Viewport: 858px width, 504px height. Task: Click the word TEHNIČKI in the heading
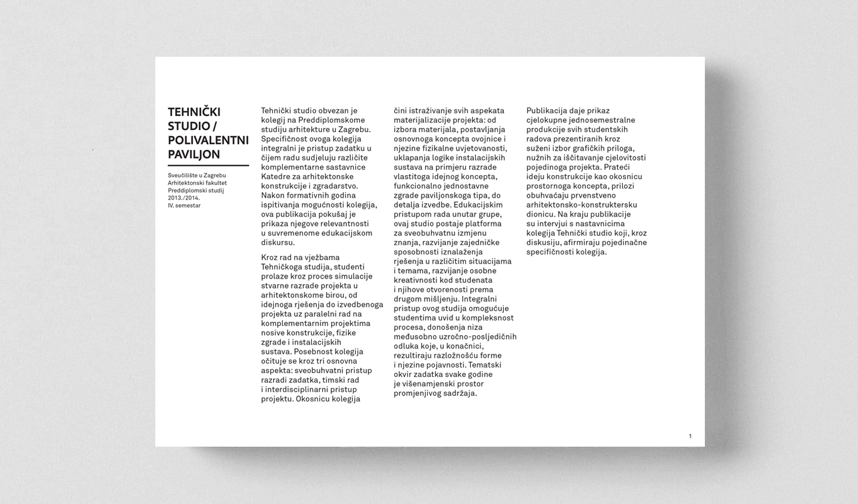pos(194,112)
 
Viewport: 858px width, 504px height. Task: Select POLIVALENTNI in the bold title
pos(208,140)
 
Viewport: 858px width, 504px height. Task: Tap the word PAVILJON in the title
pos(194,155)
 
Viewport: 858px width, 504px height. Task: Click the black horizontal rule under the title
pos(208,165)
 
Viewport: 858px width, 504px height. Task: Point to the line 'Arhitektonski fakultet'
pos(197,183)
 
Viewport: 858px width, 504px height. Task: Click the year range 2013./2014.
pos(184,198)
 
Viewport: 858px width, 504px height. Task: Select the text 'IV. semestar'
pos(184,205)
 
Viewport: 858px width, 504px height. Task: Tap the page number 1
pos(690,436)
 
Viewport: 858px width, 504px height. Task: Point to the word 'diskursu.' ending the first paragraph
pos(278,242)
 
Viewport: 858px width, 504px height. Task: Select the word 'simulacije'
pos(353,277)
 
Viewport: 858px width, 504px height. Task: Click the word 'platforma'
pos(484,224)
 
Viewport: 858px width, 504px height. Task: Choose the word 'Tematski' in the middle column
pos(484,365)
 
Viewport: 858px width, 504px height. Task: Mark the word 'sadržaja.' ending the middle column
pos(459,393)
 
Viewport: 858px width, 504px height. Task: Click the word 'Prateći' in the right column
pos(616,167)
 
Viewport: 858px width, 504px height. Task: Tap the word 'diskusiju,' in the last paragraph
pos(545,242)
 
